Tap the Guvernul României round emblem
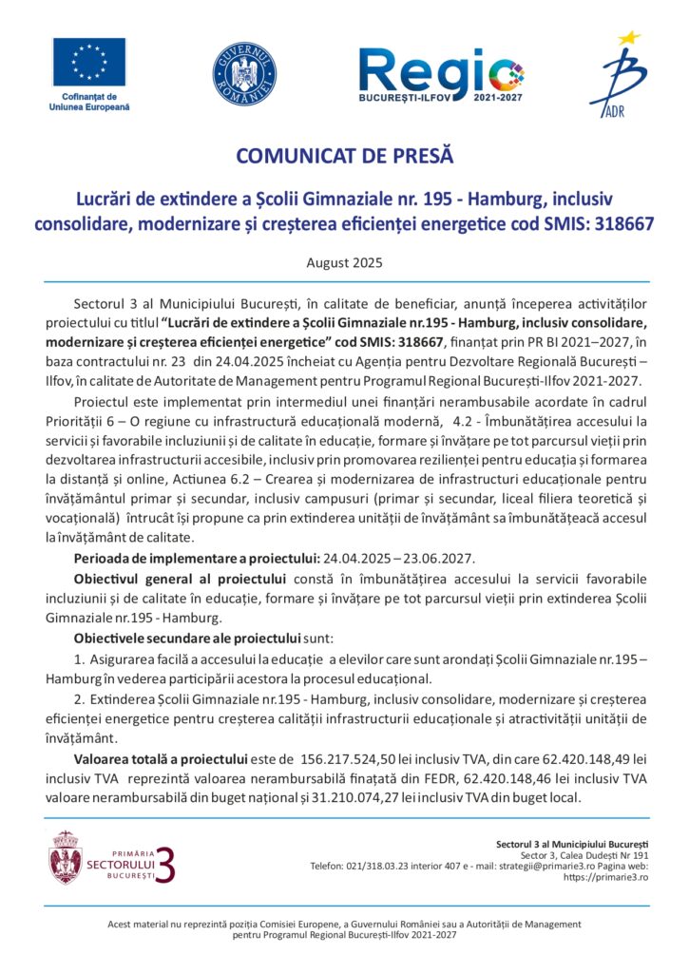tap(244, 73)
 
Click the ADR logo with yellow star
tap(617, 76)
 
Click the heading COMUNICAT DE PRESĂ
tap(344, 154)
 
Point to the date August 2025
tap(344, 259)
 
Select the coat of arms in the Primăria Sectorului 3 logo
tap(65, 857)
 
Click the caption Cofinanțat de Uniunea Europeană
tap(89, 102)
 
